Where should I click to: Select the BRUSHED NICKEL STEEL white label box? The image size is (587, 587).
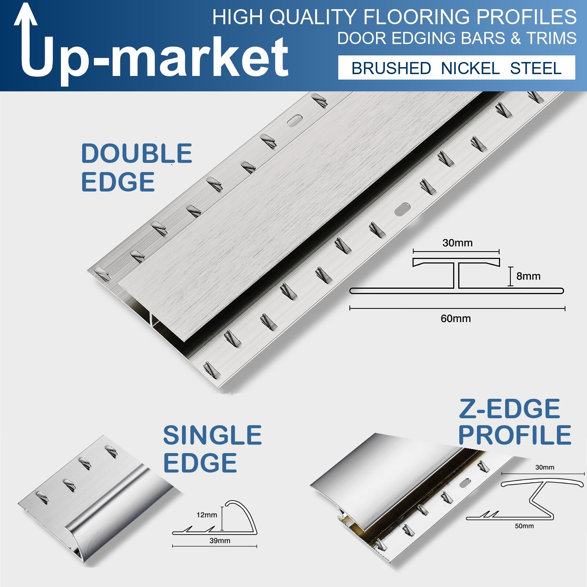(x=456, y=68)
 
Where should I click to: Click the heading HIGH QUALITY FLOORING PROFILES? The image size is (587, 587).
(x=394, y=17)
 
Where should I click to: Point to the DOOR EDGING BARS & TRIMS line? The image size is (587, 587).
(x=457, y=38)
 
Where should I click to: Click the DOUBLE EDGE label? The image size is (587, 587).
(x=136, y=168)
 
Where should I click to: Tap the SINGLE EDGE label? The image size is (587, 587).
(x=212, y=449)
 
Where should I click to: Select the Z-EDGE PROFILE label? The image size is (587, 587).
(x=515, y=422)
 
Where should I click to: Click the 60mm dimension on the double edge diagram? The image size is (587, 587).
(x=456, y=318)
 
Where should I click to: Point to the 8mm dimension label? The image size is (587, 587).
(x=528, y=276)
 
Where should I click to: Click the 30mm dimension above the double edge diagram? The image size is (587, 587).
(x=457, y=243)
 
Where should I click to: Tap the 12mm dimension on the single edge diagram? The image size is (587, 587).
(x=207, y=515)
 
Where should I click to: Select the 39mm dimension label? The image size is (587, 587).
(x=220, y=540)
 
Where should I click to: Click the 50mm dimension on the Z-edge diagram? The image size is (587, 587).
(x=524, y=526)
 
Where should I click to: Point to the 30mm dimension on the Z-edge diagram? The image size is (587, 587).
(x=545, y=467)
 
